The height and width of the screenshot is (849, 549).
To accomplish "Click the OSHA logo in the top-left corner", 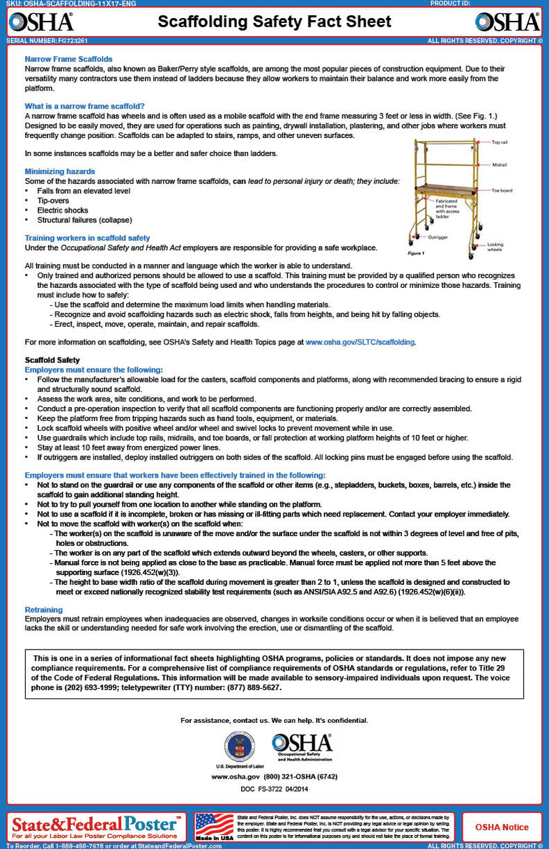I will pyautogui.click(x=40, y=22).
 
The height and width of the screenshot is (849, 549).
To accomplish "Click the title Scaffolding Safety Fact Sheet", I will pyautogui.click(x=274, y=22).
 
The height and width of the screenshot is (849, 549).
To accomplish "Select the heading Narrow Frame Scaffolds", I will pyautogui.click(x=68, y=59).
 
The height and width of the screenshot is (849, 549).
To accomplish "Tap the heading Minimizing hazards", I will pyautogui.click(x=60, y=171).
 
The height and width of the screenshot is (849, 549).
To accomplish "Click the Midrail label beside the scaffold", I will pyautogui.click(x=499, y=165).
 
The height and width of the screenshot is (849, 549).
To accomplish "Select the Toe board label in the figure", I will pyautogui.click(x=502, y=190).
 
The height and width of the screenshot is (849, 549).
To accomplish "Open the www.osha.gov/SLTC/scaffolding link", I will pyautogui.click(x=360, y=342).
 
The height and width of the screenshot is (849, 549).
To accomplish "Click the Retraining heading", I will pyautogui.click(x=44, y=609).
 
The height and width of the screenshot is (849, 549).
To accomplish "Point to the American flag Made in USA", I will pyautogui.click(x=214, y=826).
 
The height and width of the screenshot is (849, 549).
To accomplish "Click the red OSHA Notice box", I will pyautogui.click(x=502, y=827).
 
